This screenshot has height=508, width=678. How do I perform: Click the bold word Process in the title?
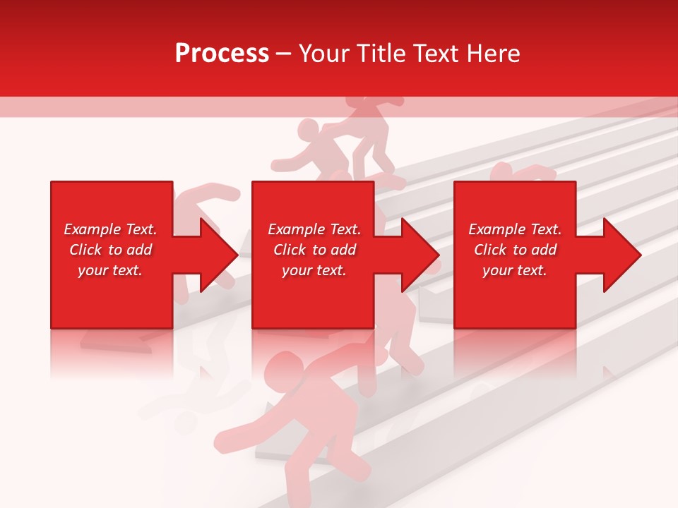point(222,54)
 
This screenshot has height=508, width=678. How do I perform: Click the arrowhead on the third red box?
point(621,255)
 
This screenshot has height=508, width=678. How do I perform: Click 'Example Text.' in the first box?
point(110,229)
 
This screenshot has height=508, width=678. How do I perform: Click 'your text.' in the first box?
point(110,270)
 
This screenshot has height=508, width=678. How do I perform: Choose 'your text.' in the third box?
point(515,270)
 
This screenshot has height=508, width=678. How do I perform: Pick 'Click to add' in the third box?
point(515,250)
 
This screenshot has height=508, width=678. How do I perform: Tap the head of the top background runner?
point(308,132)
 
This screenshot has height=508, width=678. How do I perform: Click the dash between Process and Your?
point(284,54)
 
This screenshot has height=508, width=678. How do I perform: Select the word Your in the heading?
point(325,54)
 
